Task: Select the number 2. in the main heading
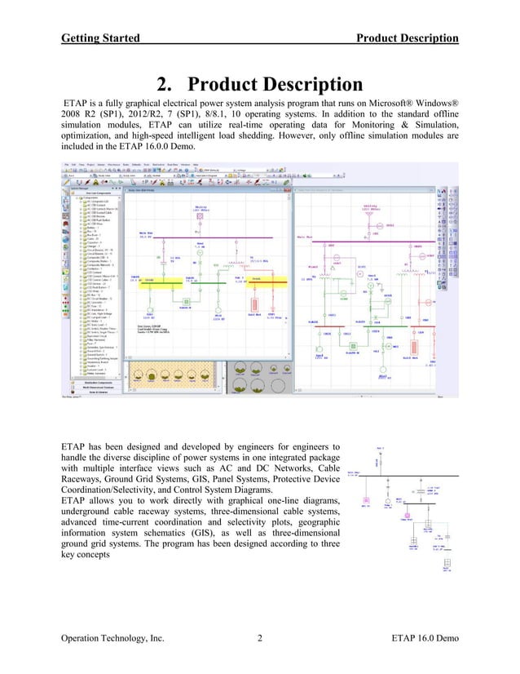click(x=164, y=86)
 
